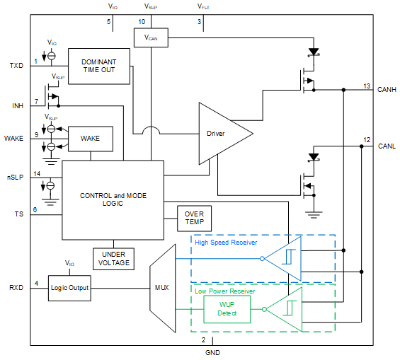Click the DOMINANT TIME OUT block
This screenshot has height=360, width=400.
(x=98, y=66)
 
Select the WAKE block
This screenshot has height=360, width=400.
(x=90, y=139)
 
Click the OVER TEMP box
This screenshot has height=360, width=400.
(x=193, y=218)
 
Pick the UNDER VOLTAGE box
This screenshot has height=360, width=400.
(x=113, y=258)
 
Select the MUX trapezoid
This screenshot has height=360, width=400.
(x=162, y=288)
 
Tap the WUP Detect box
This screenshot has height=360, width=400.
(x=227, y=308)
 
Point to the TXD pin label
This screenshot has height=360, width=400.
(x=16, y=66)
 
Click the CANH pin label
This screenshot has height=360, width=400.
(x=387, y=90)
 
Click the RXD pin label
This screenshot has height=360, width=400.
(x=16, y=288)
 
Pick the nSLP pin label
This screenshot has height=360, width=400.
(x=15, y=176)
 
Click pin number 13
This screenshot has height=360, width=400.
(x=367, y=85)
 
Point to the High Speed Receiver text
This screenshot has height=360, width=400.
(x=226, y=242)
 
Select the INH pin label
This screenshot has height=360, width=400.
(x=17, y=105)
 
